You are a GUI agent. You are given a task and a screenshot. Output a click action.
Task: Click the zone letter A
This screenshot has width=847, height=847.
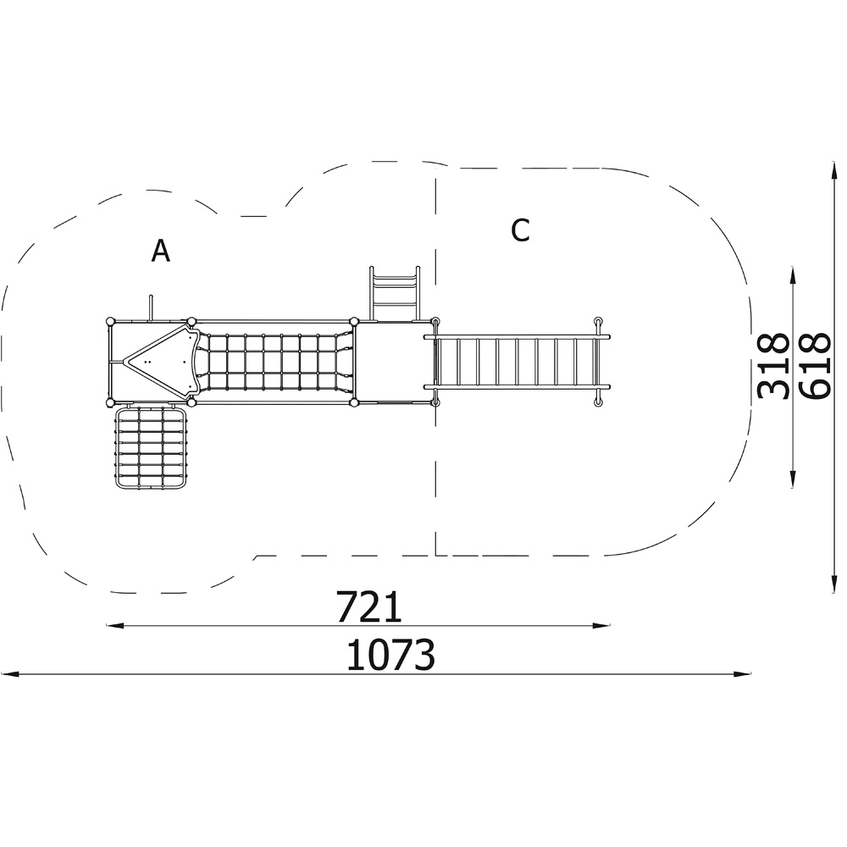(x=160, y=251)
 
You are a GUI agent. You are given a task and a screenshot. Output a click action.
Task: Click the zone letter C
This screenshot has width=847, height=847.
(x=520, y=230)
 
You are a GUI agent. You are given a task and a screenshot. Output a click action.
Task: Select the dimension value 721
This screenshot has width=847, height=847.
(x=369, y=606)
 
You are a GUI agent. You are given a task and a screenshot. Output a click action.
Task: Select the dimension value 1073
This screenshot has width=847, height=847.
(x=390, y=655)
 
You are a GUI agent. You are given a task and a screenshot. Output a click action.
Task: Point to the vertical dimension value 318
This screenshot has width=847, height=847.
(x=773, y=366)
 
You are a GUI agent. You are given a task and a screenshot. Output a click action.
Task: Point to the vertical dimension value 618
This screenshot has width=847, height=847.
(x=813, y=366)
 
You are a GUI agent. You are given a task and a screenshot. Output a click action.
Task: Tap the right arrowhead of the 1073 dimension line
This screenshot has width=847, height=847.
(x=742, y=675)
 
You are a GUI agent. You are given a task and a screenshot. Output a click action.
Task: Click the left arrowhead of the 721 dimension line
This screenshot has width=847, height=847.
(x=115, y=626)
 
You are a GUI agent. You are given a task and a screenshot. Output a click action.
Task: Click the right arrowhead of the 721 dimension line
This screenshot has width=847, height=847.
(x=601, y=626)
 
